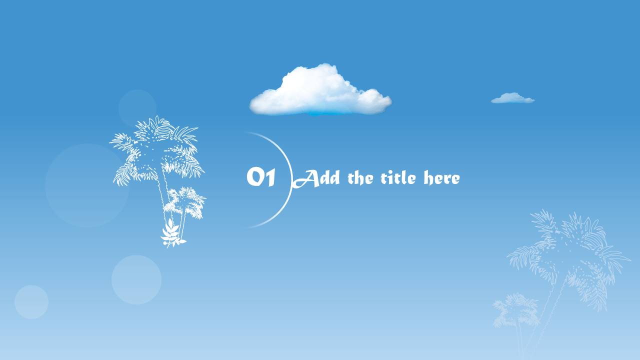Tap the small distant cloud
pos(512,98)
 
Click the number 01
pos(261,177)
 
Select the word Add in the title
pos(316,178)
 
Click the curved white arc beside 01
pos(291,180)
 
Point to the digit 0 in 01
pos(254,177)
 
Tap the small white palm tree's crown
pos(185,202)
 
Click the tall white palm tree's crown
pos(156,150)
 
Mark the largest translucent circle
pos(86,185)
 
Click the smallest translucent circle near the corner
pos(31,301)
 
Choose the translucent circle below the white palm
pos(136,279)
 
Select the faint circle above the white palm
pos(137,108)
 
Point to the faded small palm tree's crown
pos(515,310)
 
